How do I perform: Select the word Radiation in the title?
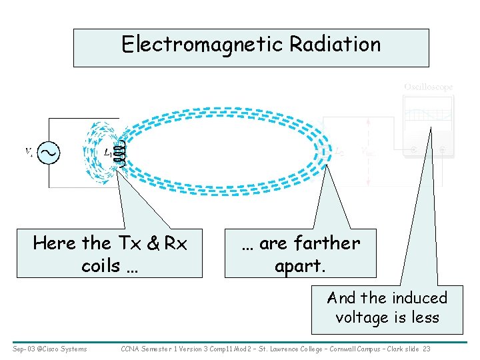tap(335, 45)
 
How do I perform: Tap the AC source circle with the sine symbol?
tap(49, 153)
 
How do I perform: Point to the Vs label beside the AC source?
tap(29, 153)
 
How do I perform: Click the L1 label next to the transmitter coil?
tap(107, 153)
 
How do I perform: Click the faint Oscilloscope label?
tap(428, 87)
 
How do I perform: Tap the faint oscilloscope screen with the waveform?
tap(427, 115)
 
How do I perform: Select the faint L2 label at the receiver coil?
tap(341, 151)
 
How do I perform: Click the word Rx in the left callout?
tap(175, 243)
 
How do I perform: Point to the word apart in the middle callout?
tap(297, 266)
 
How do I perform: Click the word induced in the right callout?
tap(419, 297)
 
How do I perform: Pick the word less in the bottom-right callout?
tap(425, 317)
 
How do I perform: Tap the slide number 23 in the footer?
tap(427, 349)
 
